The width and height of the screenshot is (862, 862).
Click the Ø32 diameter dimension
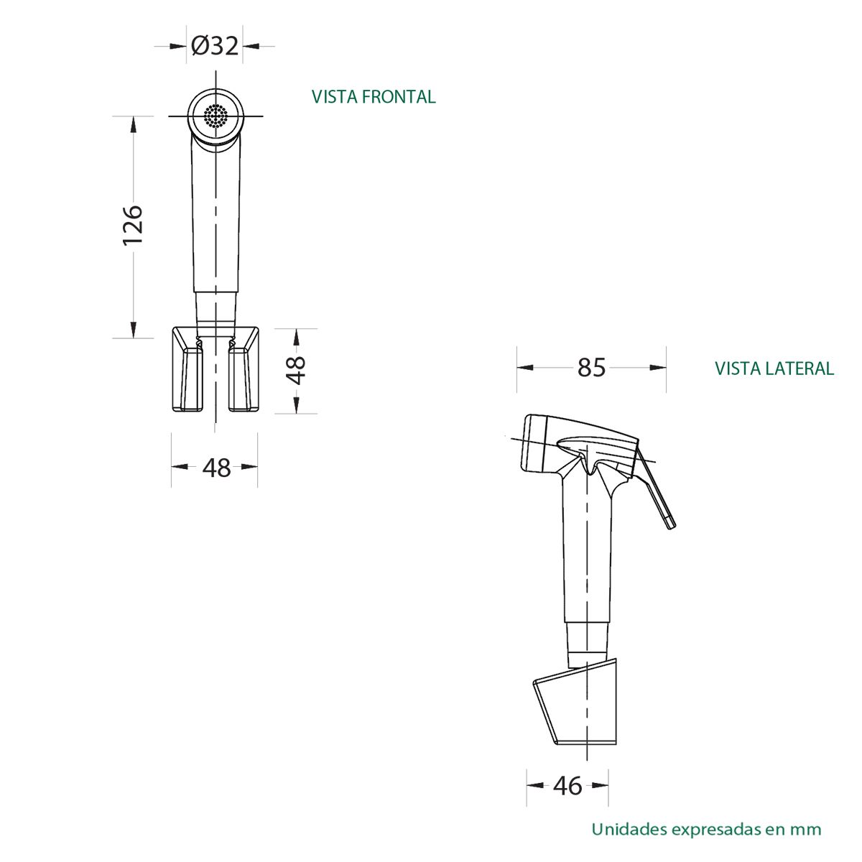click(215, 46)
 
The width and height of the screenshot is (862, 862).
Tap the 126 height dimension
click(133, 225)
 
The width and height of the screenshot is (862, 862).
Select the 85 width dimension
click(591, 368)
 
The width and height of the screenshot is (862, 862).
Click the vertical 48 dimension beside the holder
click(296, 371)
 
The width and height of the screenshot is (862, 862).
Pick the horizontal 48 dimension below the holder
click(216, 468)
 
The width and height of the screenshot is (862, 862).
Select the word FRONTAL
click(399, 97)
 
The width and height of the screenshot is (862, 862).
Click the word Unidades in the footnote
click(629, 829)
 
